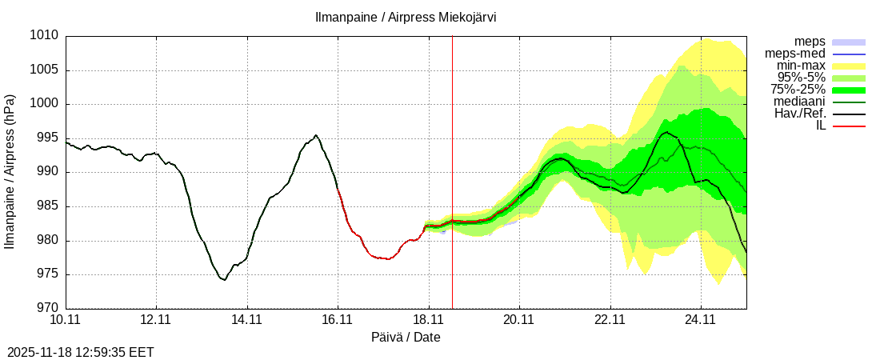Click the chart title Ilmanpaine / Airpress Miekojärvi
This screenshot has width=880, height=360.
pyautogui.click(x=406, y=17)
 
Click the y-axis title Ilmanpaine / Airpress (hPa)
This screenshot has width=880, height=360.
pyautogui.click(x=10, y=172)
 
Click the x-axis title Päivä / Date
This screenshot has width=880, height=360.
pyautogui.click(x=406, y=337)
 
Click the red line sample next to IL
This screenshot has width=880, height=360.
pyautogui.click(x=849, y=126)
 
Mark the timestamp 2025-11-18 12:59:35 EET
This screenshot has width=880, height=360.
pyautogui.click(x=81, y=352)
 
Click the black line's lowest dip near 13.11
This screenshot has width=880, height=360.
pyautogui.click(x=225, y=280)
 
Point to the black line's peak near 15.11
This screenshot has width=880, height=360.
pyautogui.click(x=316, y=135)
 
